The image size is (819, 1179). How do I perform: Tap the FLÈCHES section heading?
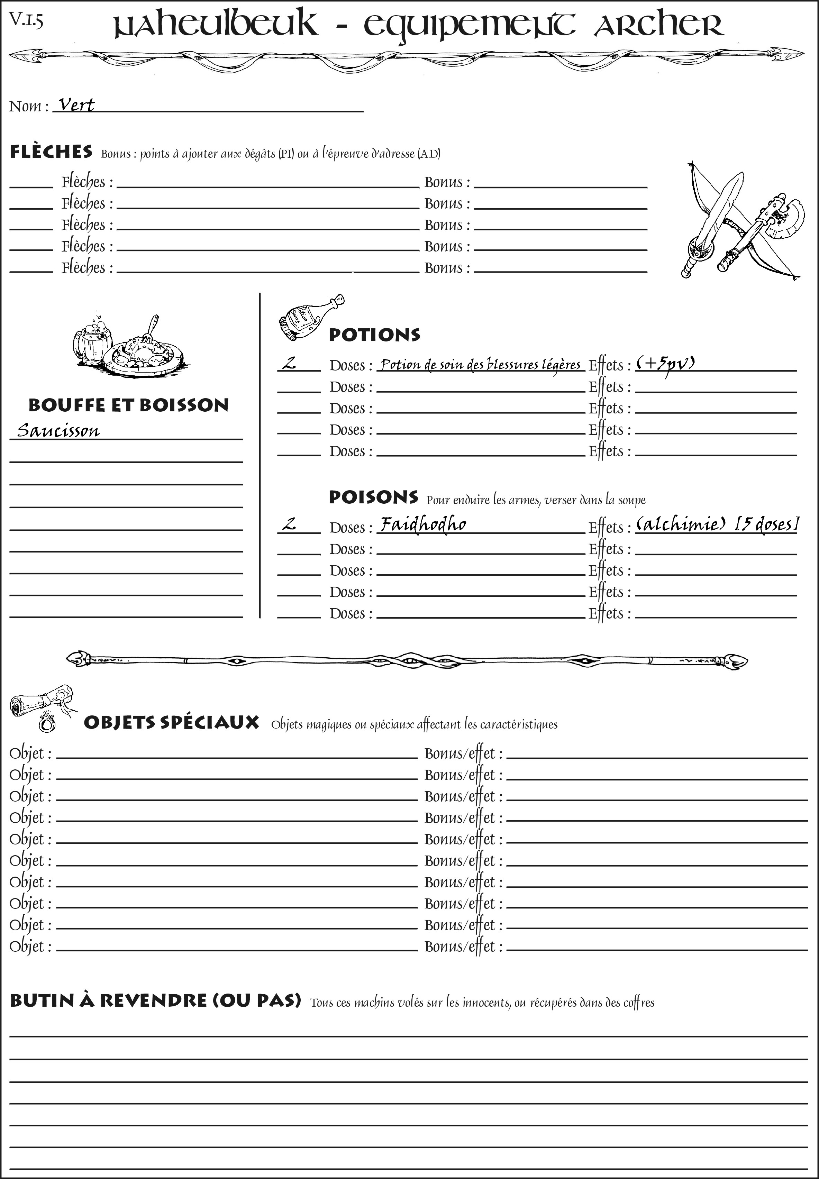pyautogui.click(x=51, y=152)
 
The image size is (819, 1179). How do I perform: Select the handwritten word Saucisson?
pyautogui.click(x=58, y=430)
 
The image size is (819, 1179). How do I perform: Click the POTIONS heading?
pyautogui.click(x=374, y=335)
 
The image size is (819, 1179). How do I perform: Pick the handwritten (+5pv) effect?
pyautogui.click(x=665, y=364)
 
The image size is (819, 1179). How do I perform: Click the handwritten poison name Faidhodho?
pyautogui.click(x=423, y=524)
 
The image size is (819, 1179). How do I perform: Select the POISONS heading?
pyautogui.click(x=373, y=497)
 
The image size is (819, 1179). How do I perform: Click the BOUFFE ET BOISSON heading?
pyautogui.click(x=128, y=405)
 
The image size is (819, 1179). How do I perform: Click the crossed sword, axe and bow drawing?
pyautogui.click(x=739, y=221)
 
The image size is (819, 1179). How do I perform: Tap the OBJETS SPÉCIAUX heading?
pyautogui.click(x=171, y=723)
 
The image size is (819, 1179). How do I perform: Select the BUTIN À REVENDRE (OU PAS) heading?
pyautogui.click(x=155, y=1000)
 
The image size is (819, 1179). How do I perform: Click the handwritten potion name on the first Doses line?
pyautogui.click(x=480, y=364)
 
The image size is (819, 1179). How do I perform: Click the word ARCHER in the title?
pyautogui.click(x=658, y=26)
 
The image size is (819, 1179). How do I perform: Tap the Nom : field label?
pyautogui.click(x=29, y=106)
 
